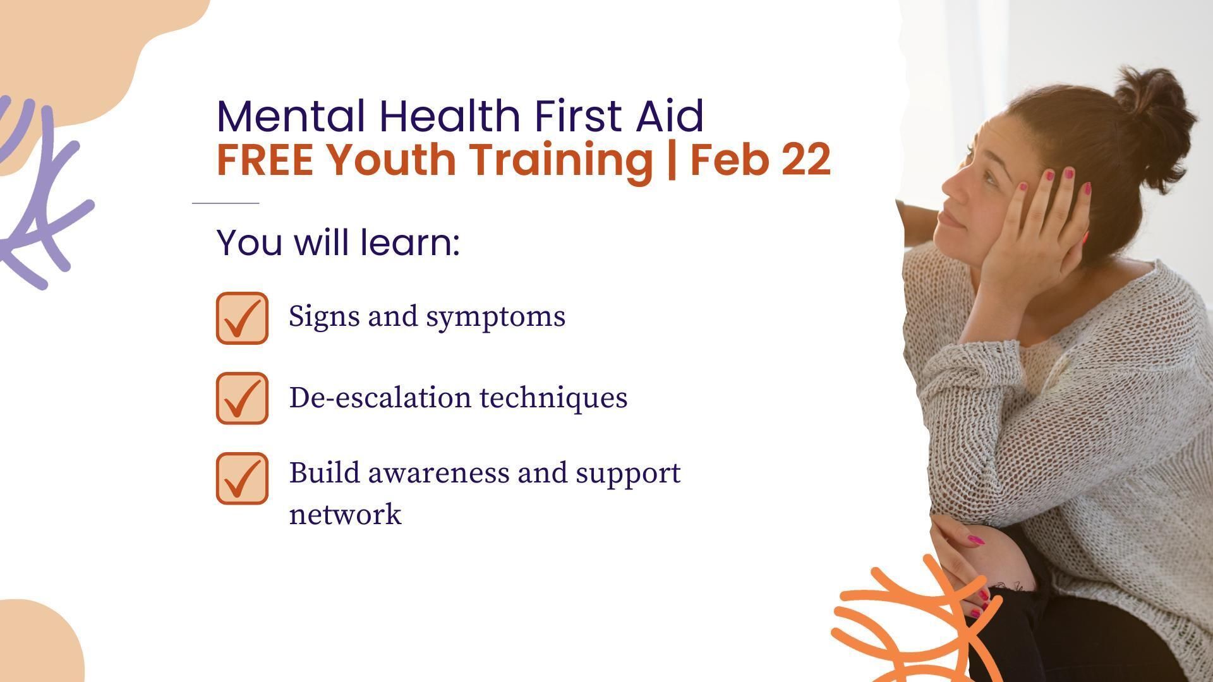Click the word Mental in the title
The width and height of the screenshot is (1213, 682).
tap(291, 116)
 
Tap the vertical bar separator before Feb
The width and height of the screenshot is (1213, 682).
tap(671, 160)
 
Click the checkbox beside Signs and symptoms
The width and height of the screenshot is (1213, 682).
tap(242, 318)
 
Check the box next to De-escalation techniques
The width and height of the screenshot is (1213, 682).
tap(242, 398)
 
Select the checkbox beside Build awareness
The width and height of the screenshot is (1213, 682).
tap(242, 478)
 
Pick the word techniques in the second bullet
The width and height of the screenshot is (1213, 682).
tap(553, 398)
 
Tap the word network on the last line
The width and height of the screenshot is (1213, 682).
tap(345, 514)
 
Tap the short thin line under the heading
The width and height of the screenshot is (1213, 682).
tap(226, 203)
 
